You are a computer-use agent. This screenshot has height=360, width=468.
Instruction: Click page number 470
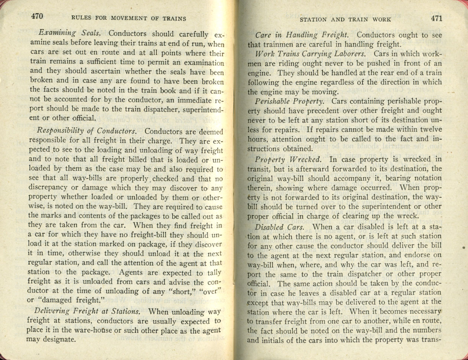click(38, 16)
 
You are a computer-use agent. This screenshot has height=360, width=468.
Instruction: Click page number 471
click(436, 18)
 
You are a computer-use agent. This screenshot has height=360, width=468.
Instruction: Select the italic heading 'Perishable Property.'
click(291, 101)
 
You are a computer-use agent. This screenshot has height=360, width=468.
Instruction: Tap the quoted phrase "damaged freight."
click(69, 300)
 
